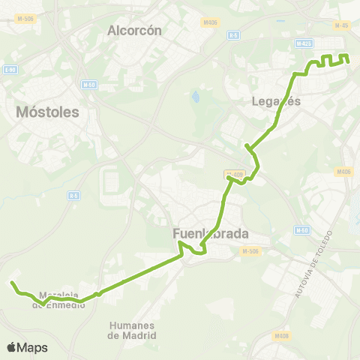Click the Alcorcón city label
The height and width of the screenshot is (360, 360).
[135, 31]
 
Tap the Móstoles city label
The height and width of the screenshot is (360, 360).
[47, 112]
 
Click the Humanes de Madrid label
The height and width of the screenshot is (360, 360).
[132, 330]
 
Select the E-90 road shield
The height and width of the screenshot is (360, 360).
[10, 70]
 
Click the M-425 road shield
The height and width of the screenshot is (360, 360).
[304, 43]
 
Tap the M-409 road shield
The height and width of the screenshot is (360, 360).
[235, 174]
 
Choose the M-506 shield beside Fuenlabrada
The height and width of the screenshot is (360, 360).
[251, 251]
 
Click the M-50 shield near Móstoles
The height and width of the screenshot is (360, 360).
[89, 84]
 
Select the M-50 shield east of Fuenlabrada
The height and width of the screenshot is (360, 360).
[301, 229]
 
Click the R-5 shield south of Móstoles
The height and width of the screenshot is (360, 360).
[73, 196]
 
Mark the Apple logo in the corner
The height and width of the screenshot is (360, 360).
[12, 347]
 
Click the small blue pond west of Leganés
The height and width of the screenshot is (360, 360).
[196, 97]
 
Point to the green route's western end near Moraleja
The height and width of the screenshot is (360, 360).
[12, 283]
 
